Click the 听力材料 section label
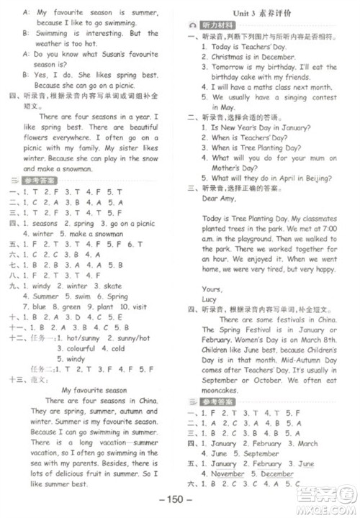(215, 24)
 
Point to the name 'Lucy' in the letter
(211, 299)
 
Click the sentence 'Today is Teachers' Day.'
(248, 46)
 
